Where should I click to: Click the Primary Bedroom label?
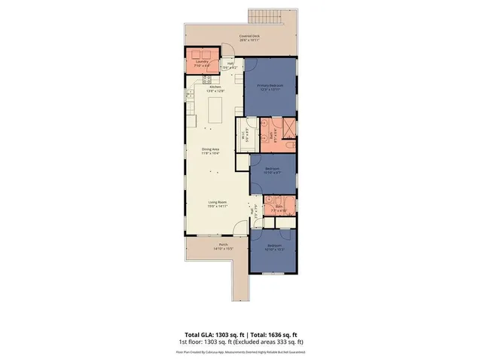pyautogui.click(x=270, y=87)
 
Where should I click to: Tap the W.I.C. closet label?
pyautogui.click(x=243, y=136)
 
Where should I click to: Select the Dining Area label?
pyautogui.click(x=210, y=150)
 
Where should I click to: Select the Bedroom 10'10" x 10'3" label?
pyautogui.click(x=273, y=247)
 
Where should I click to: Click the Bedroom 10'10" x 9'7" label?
pyautogui.click(x=272, y=169)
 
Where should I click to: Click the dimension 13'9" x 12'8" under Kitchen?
pyautogui.click(x=216, y=91)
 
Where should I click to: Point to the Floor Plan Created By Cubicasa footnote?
pyautogui.click(x=240, y=351)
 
